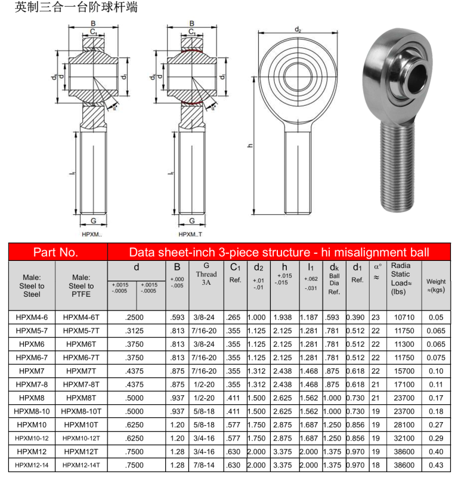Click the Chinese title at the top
[69, 8]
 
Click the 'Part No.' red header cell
[55, 252]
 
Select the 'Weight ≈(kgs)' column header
[436, 285]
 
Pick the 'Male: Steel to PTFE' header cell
[81, 285]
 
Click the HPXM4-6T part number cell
[81, 318]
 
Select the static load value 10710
[404, 318]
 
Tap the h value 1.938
[284, 318]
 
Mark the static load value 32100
[404, 438]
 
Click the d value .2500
[137, 318]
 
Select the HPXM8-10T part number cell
[81, 411]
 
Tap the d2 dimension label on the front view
[298, 30]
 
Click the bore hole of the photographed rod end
[416, 77]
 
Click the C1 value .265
[235, 318]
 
